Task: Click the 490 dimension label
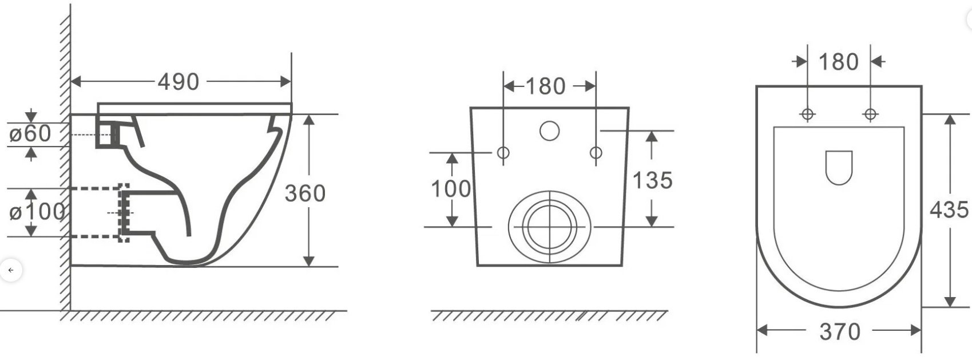(x=178, y=82)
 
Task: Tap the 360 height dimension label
(x=305, y=193)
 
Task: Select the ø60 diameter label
(x=30, y=133)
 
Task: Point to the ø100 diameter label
(x=37, y=212)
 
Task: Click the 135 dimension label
(x=653, y=180)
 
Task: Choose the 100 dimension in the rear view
(x=451, y=189)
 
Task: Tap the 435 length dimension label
(x=949, y=209)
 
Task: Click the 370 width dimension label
(x=840, y=332)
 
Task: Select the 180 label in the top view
(x=838, y=62)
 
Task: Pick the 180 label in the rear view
(x=545, y=86)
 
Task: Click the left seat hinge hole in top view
(x=807, y=114)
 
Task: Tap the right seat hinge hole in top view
(x=870, y=114)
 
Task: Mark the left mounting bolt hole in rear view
(x=503, y=153)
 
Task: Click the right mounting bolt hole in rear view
(x=596, y=153)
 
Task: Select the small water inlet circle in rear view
(x=549, y=130)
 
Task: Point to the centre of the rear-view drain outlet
(x=550, y=227)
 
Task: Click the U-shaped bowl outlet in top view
(x=839, y=168)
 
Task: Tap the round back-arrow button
(x=11, y=270)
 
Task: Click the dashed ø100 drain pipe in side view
(x=99, y=213)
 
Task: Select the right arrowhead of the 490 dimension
(x=285, y=82)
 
